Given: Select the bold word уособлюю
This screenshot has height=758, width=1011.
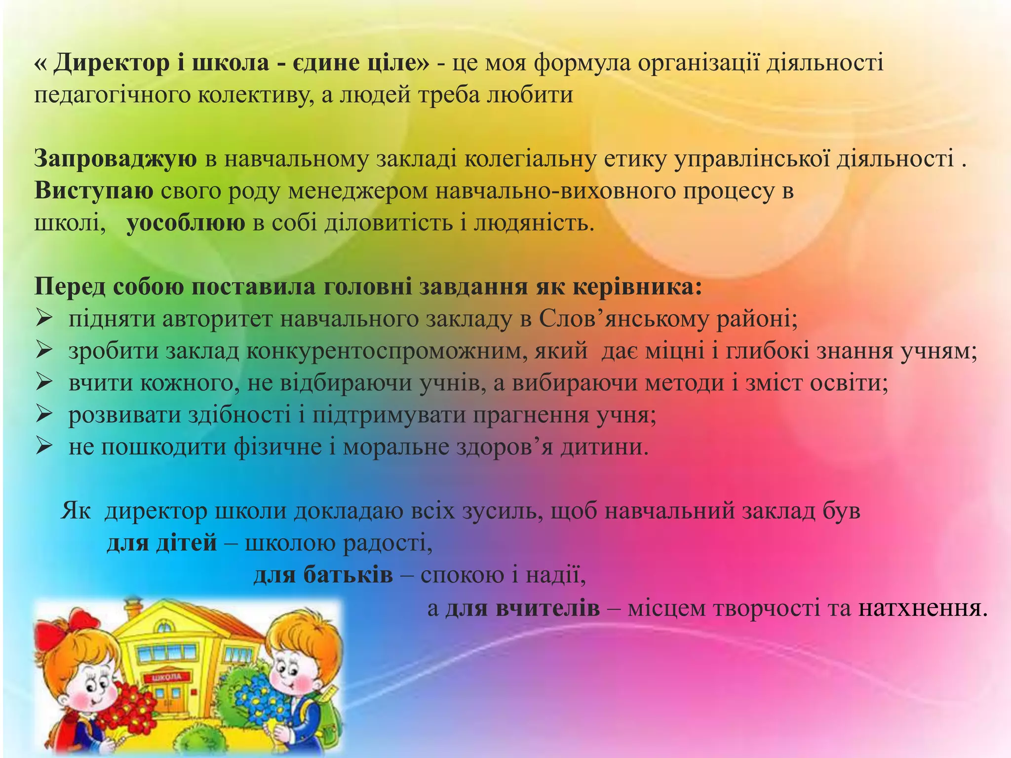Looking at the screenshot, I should pos(186,224).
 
